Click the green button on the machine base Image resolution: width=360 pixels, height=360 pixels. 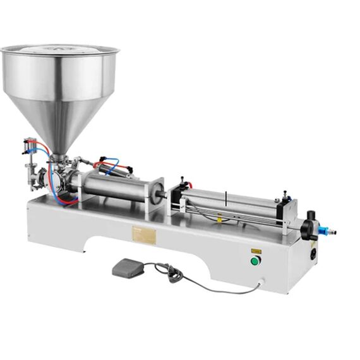click(255, 261)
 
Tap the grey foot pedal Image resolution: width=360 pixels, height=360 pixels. click(128, 268)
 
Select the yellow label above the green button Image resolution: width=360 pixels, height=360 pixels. click(255, 251)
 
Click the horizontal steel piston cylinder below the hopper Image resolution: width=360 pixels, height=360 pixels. click(111, 184)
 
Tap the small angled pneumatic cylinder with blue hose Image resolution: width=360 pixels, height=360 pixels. click(114, 166)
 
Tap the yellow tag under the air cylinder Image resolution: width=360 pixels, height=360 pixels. click(219, 220)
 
